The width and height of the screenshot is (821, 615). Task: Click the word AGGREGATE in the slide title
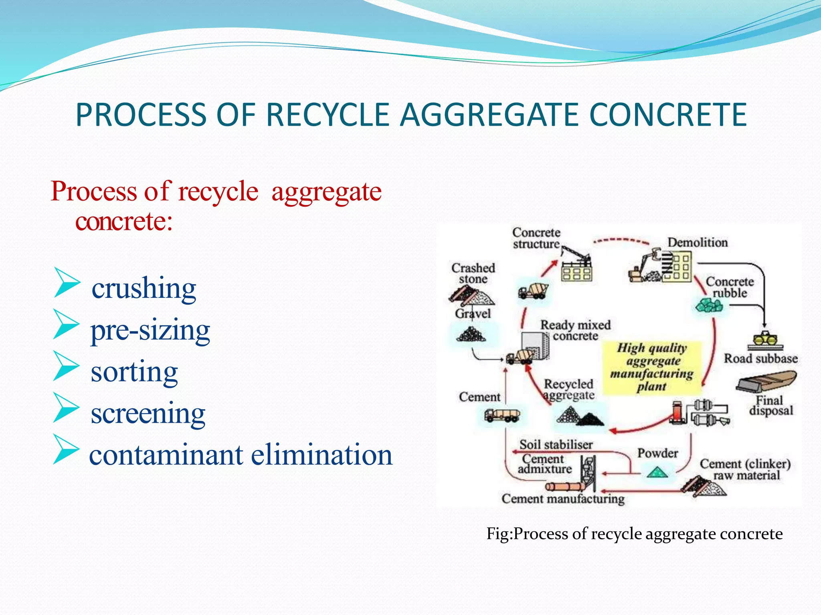[489, 115]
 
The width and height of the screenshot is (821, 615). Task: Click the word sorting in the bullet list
[134, 372]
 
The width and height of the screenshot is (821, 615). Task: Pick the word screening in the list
[148, 414]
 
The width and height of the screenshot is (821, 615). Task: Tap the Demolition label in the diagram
[698, 243]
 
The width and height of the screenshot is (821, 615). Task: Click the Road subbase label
[760, 358]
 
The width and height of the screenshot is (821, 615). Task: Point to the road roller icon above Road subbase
[765, 340]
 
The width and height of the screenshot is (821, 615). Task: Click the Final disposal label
[770, 405]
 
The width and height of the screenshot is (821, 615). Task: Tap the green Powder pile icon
[657, 472]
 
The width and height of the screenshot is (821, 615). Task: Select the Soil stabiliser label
[556, 444]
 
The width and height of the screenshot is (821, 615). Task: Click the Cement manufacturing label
[563, 499]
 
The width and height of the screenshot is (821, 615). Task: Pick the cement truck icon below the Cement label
[501, 416]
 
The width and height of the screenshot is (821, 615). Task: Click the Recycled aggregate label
[568, 390]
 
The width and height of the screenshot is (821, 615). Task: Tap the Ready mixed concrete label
[575, 330]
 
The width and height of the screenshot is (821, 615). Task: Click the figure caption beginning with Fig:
[634, 534]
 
